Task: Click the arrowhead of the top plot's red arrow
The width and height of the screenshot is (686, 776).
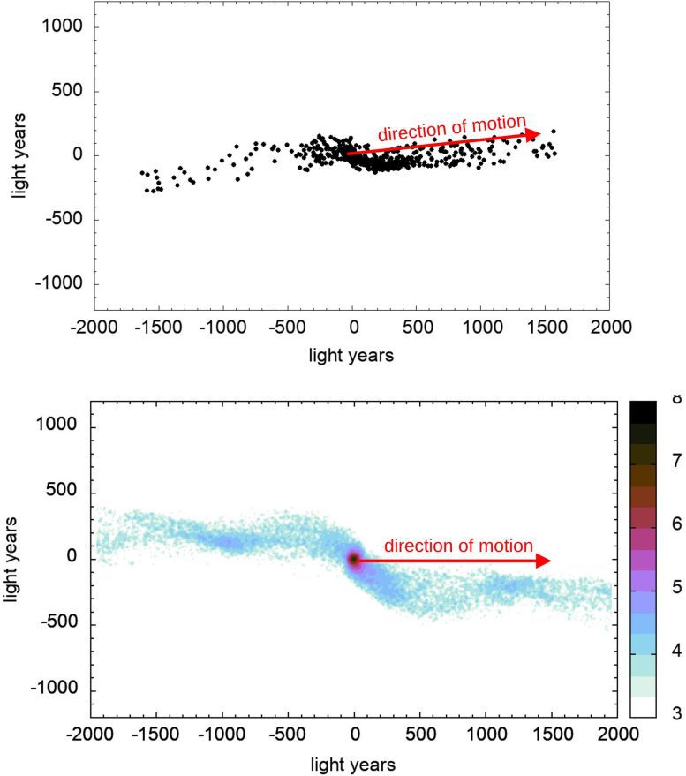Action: click(533, 134)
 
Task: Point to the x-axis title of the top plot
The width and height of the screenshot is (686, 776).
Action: click(351, 355)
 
